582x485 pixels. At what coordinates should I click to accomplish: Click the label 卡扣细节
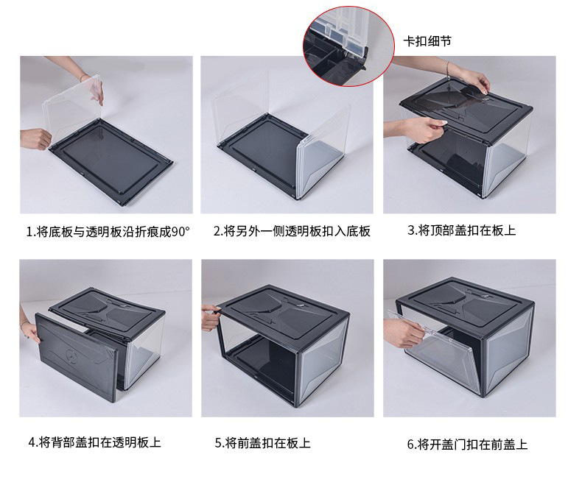(x=427, y=41)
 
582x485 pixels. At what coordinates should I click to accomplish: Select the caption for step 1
(x=108, y=231)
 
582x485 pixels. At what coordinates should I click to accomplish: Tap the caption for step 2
(x=292, y=231)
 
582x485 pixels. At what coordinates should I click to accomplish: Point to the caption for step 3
(x=462, y=230)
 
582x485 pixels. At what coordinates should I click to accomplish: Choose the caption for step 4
(x=94, y=442)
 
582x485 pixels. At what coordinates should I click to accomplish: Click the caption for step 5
(x=262, y=443)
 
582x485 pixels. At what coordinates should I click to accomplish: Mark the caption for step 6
(x=467, y=444)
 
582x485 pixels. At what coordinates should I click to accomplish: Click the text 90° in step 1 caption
(x=180, y=231)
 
